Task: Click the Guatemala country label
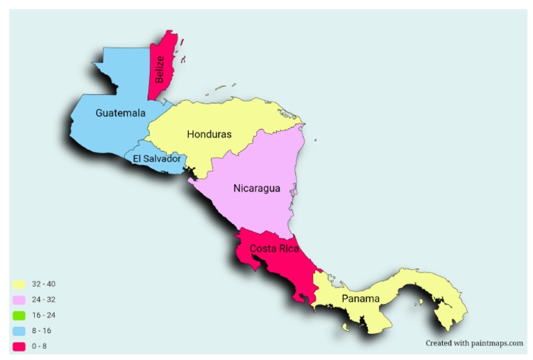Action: (x=121, y=112)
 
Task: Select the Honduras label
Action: (x=209, y=135)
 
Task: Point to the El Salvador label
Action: (x=157, y=159)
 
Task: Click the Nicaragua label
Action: (x=257, y=188)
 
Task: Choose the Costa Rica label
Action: (x=274, y=248)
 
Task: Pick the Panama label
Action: (x=360, y=299)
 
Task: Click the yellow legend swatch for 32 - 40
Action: (x=19, y=284)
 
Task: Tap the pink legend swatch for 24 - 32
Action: (x=19, y=300)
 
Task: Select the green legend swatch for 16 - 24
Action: (x=19, y=315)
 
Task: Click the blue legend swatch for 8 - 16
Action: (x=19, y=330)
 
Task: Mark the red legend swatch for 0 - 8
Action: (x=19, y=345)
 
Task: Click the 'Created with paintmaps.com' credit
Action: (x=474, y=343)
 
